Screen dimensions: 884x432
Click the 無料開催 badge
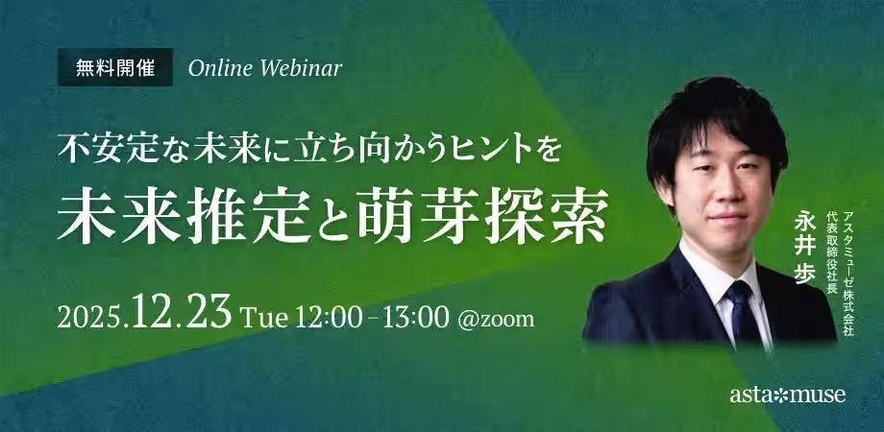[115, 67]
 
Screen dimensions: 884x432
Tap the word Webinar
[301, 68]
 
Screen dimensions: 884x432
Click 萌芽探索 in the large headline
[482, 217]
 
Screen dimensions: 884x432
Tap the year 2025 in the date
[90, 319]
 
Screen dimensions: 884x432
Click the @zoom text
[496, 320]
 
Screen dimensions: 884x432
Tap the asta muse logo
[787, 395]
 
